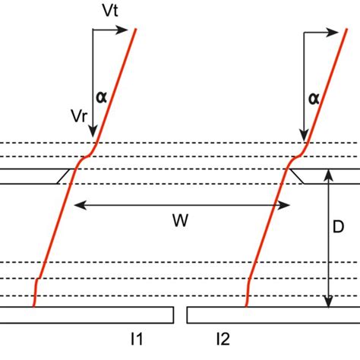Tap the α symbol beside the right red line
[313, 97]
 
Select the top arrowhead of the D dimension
[328, 174]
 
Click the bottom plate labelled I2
[273, 314]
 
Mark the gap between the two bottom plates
[180, 314]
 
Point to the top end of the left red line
[136, 30]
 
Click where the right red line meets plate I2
[246, 307]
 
